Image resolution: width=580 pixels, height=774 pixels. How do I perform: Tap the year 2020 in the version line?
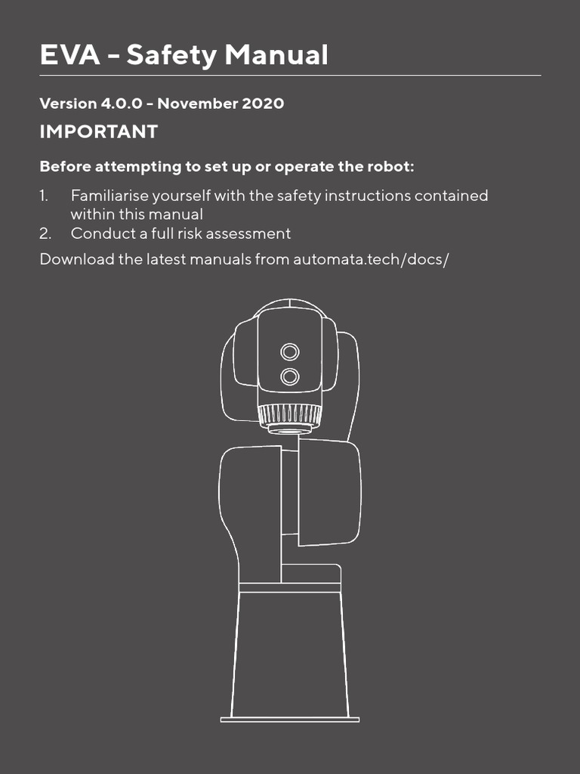[263, 104]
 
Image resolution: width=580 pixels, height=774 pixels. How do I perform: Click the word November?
[197, 104]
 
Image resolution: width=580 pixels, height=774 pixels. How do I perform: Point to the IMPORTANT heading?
[98, 132]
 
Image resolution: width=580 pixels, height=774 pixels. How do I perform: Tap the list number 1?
[44, 196]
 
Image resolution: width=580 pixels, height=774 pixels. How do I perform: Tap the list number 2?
[45, 234]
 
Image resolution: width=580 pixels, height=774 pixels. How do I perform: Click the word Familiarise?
[110, 196]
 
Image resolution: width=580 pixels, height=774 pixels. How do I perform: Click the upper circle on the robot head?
[289, 351]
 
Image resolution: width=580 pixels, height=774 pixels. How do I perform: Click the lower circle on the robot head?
[289, 376]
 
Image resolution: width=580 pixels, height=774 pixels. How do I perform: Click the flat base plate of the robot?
[289, 719]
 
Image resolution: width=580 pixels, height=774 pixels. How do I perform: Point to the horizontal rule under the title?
[290, 76]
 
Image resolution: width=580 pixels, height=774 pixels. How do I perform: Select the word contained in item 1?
[447, 196]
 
